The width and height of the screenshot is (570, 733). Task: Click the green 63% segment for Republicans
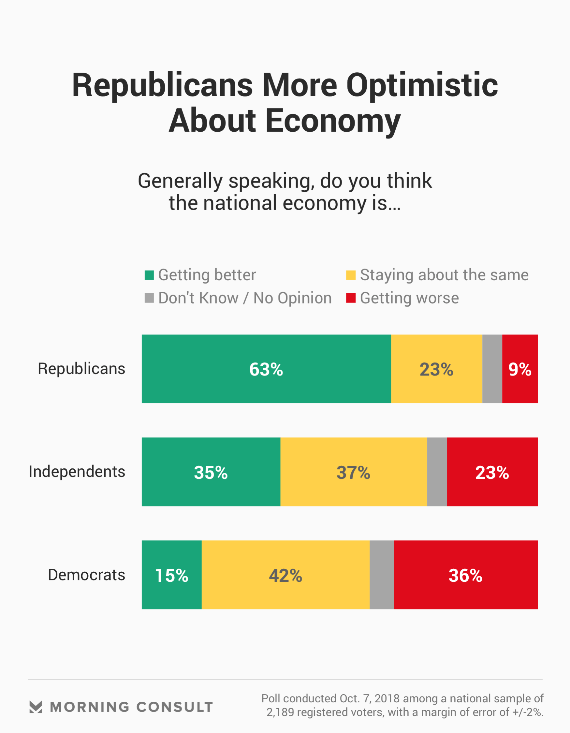266,369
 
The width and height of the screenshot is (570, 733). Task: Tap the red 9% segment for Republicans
519,369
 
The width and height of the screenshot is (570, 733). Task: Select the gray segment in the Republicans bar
492,369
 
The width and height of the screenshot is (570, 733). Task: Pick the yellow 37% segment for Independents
353,472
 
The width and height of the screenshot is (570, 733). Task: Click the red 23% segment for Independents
492,472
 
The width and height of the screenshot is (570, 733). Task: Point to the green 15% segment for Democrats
171,575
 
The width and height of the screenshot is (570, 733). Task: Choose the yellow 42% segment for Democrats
285,575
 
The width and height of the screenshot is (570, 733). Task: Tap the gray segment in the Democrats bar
381,575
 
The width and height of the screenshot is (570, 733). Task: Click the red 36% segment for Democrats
465,575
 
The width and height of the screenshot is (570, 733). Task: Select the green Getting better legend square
149,275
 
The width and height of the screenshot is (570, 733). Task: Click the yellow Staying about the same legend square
350,275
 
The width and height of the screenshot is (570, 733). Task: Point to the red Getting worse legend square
350,298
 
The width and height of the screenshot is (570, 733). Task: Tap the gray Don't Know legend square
149,298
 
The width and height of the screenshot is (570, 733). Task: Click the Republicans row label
81,369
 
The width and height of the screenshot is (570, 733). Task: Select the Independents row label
77,472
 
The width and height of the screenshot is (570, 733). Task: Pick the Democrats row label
86,575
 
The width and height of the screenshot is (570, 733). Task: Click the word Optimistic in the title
422,86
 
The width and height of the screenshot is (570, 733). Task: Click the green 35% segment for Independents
211,472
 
